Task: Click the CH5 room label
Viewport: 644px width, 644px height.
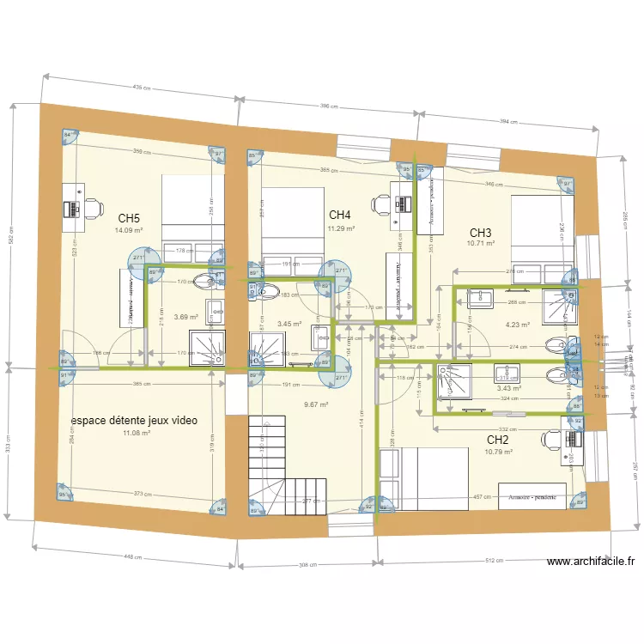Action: click(130, 218)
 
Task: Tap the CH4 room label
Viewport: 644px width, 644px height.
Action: click(340, 215)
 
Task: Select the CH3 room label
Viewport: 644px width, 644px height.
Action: click(480, 233)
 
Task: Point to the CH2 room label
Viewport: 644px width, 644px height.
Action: click(498, 439)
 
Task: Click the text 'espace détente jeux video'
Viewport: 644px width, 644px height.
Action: click(134, 421)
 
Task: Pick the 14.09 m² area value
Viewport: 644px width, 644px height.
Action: click(129, 230)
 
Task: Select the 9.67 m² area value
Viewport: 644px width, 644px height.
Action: click(317, 404)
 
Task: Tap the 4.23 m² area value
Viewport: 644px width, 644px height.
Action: click(517, 325)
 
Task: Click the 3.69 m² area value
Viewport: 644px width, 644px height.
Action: click(186, 317)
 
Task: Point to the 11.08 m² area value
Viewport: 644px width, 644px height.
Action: click(137, 434)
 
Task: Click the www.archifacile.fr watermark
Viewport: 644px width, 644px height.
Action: click(590, 562)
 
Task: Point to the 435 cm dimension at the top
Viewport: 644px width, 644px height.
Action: click(141, 88)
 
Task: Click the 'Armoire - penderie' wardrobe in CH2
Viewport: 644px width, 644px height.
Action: click(532, 497)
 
